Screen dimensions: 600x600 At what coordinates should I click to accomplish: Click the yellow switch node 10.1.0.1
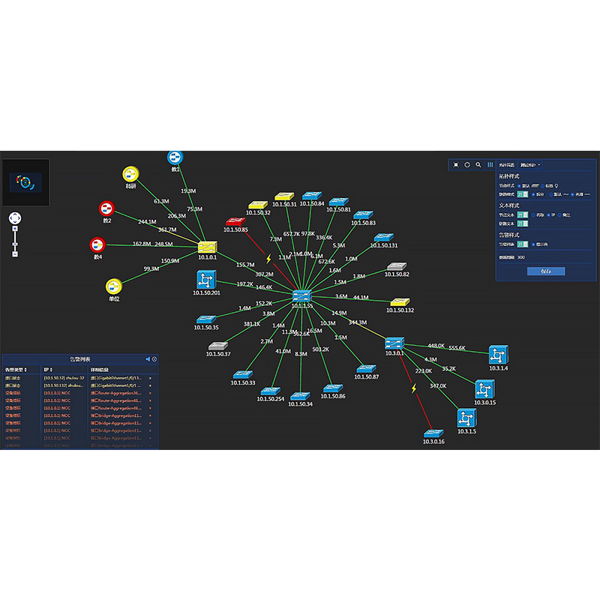207,246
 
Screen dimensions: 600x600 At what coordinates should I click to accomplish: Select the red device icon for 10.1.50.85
235,221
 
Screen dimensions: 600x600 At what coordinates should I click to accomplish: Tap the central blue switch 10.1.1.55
303,295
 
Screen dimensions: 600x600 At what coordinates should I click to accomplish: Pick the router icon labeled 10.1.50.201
205,280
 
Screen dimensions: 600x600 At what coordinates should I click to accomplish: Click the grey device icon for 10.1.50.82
397,267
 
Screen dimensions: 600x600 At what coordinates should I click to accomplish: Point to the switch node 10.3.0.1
394,343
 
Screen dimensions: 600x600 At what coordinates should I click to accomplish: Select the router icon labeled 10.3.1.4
499,355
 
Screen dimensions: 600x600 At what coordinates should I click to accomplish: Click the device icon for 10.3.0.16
433,434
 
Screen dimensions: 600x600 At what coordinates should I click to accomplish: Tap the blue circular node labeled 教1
175,157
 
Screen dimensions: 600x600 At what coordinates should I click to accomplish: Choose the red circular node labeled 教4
97,244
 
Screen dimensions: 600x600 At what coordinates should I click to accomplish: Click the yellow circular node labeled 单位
114,286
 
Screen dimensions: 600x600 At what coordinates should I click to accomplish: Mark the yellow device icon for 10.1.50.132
400,302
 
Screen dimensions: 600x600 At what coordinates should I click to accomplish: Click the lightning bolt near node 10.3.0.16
413,388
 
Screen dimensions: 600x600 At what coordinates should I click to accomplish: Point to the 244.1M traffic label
147,222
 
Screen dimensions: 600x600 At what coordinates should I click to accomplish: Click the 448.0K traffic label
436,346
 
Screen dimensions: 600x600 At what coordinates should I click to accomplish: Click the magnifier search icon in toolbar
478,164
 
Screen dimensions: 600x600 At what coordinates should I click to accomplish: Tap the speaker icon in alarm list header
147,359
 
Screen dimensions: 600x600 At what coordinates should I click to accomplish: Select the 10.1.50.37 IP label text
218,354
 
